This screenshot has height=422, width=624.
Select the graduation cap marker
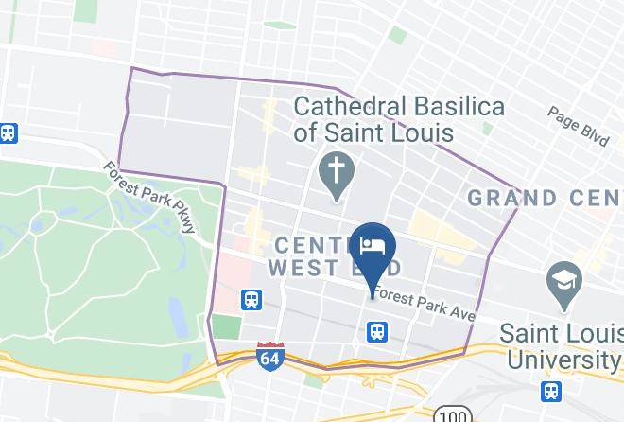click(x=564, y=280)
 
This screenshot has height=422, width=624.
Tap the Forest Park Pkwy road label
click(x=151, y=198)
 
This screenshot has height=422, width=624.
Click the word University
click(x=563, y=360)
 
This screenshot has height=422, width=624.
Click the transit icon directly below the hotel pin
click(x=376, y=331)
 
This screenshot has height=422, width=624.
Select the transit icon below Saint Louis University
click(x=550, y=390)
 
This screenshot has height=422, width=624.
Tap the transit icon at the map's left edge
click(x=9, y=133)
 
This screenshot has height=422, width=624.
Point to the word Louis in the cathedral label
click(x=424, y=132)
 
